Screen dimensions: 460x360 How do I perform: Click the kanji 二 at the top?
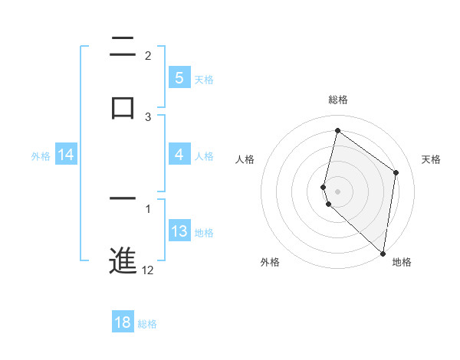coord(123,48)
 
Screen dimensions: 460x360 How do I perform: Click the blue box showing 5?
coord(179,78)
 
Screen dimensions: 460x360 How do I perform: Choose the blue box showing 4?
coord(179,155)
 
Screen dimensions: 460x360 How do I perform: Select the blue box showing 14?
coord(66,155)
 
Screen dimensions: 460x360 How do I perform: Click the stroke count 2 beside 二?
coord(148,56)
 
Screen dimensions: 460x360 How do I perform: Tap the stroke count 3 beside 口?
coord(148,116)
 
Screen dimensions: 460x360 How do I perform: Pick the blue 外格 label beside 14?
coord(41,156)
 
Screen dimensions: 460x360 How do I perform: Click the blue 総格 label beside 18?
coord(147,324)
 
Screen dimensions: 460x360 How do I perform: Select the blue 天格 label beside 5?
coord(203,79)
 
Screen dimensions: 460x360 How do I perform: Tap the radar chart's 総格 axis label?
coord(338,100)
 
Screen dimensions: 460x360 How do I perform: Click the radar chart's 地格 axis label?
coord(402,262)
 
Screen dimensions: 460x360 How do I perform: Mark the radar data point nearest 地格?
coord(383,254)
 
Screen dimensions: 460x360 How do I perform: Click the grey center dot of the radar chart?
coord(338,191)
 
